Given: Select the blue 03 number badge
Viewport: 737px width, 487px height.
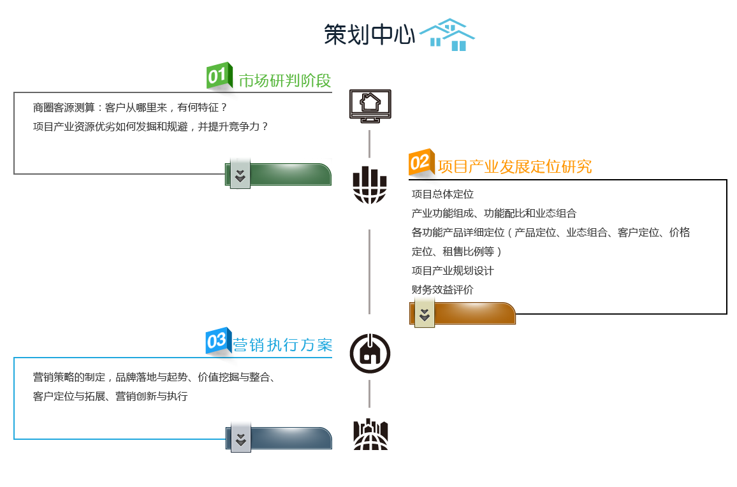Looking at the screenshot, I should (217, 340).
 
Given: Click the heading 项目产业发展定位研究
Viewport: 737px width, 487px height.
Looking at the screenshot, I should (514, 167).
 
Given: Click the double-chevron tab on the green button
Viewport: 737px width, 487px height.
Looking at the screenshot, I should (240, 173).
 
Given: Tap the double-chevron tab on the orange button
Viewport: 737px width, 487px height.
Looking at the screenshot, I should (425, 312).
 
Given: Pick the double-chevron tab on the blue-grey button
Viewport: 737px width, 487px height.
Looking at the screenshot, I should (241, 437).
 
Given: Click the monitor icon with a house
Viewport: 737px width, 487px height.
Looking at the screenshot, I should (370, 106).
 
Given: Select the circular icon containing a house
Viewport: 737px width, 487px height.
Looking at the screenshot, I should (370, 353).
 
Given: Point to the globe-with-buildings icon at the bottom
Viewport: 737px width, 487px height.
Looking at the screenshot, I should (370, 434).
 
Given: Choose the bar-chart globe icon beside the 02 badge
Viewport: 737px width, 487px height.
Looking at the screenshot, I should (370, 185).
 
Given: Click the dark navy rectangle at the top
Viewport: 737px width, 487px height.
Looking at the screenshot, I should (369, 34).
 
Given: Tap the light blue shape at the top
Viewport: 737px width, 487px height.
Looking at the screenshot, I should (448, 35).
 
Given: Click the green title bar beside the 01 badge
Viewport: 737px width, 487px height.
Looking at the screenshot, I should (284, 80).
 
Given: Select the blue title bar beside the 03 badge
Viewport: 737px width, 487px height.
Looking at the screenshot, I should (285, 345).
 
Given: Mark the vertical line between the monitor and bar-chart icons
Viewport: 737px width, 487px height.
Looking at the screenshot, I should (369, 143).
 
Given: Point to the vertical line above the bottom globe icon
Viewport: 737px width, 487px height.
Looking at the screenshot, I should (369, 393).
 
